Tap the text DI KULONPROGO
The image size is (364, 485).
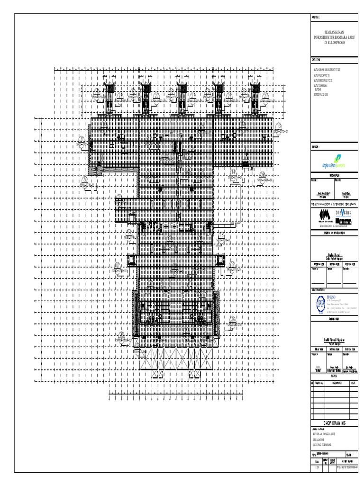[x=334, y=42]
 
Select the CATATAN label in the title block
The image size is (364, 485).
[x=317, y=61]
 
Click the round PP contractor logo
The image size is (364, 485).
[x=320, y=303]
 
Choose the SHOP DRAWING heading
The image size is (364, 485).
[x=334, y=423]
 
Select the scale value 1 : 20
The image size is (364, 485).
[x=316, y=480]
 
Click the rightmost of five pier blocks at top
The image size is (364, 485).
[x=253, y=97]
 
